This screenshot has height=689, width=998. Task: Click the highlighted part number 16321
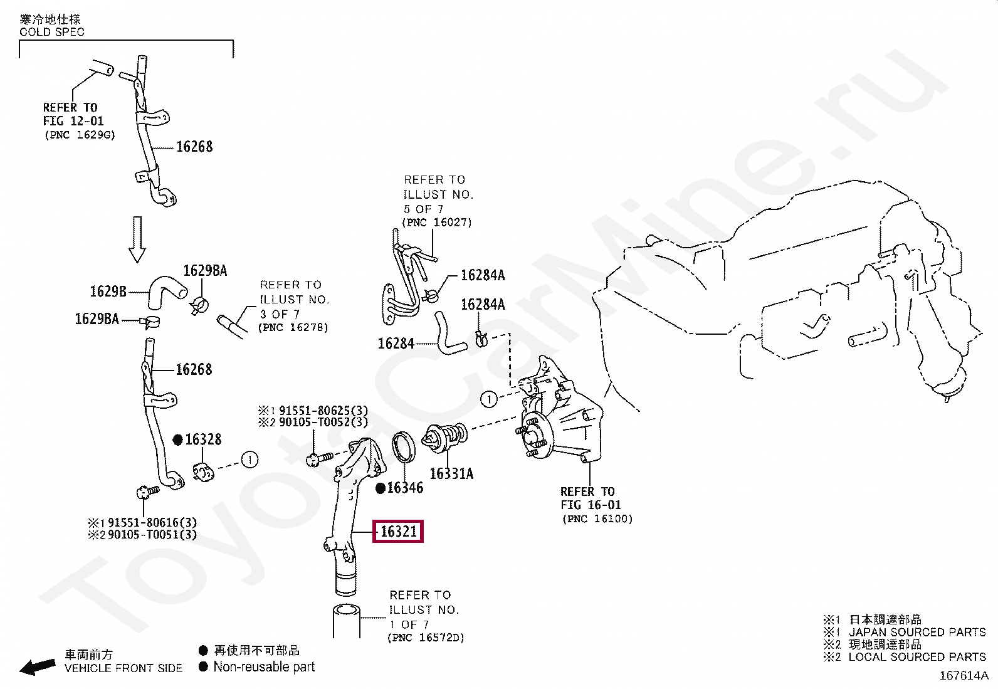[399, 532]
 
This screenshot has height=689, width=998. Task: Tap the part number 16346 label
[405, 488]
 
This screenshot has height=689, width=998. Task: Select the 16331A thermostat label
[451, 473]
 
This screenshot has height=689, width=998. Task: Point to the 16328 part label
[203, 439]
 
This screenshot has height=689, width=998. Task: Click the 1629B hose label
[108, 291]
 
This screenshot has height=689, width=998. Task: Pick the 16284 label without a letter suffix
[396, 344]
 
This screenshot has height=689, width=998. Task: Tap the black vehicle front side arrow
[38, 666]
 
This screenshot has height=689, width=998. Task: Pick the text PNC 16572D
[426, 638]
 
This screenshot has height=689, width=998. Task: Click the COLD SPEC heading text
[52, 32]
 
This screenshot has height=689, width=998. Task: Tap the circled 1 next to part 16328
[249, 460]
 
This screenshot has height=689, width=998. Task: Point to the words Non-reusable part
[264, 667]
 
